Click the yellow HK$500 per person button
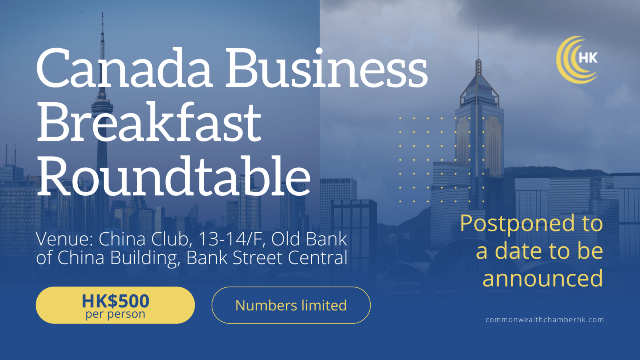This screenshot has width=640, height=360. tap(115, 305)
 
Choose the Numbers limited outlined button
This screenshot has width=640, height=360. tap(291, 305)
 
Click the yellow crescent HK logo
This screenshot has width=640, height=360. tap(578, 59)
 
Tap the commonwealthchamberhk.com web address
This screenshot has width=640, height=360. tap(544, 320)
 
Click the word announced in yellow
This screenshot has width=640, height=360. tap(542, 278)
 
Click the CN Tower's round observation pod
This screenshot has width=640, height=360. tap(102, 105)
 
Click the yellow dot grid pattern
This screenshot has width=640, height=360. tap(442, 160)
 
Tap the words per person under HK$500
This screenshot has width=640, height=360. tap(115, 315)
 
